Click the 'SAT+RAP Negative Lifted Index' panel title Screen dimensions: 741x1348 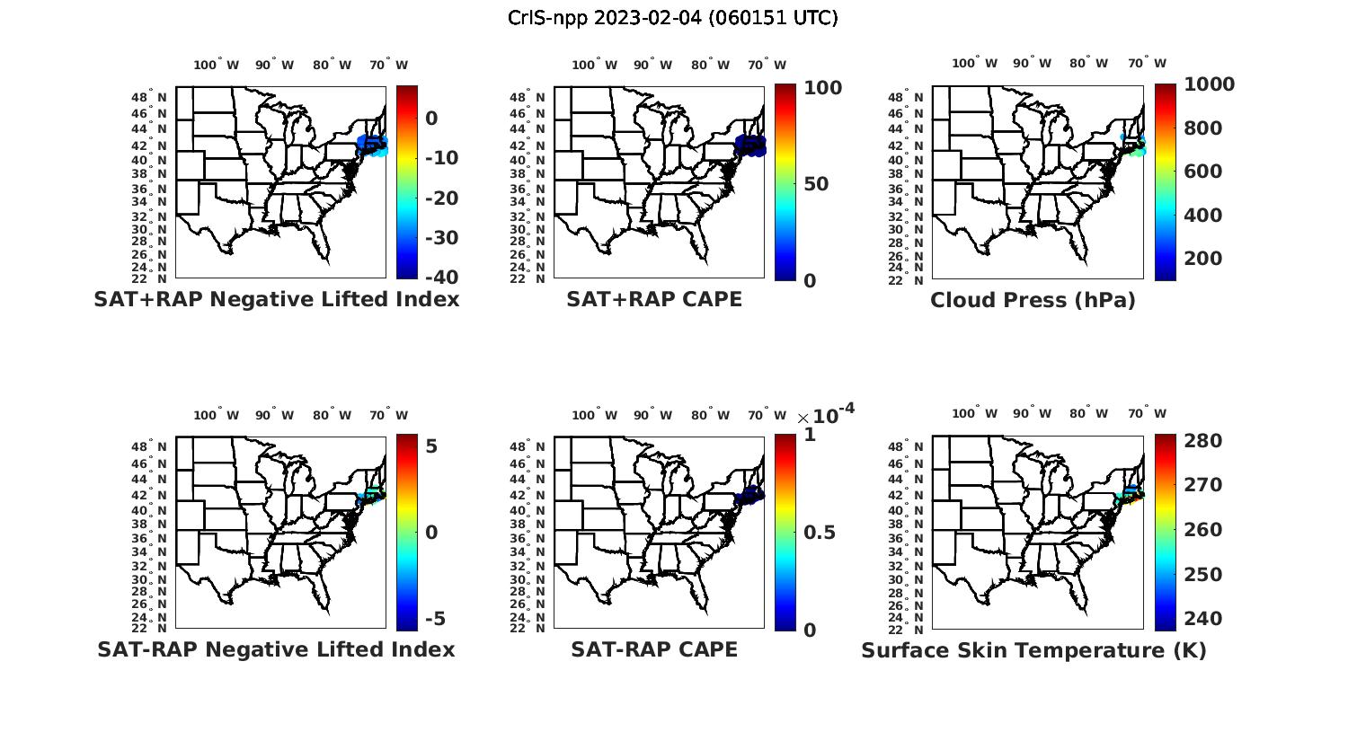(x=277, y=299)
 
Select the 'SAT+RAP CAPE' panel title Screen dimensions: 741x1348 (x=654, y=299)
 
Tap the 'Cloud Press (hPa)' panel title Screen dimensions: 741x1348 (x=1033, y=300)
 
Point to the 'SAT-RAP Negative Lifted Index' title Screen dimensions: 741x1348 (x=277, y=649)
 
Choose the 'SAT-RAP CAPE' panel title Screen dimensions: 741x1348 (x=654, y=649)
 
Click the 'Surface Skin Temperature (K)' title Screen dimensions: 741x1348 (x=1033, y=650)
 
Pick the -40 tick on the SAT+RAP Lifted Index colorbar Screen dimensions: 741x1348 (x=440, y=277)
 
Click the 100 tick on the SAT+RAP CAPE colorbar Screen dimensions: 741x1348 (x=822, y=88)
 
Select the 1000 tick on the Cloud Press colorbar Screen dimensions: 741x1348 (x=1209, y=84)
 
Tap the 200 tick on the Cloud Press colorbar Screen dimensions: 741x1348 (x=1203, y=259)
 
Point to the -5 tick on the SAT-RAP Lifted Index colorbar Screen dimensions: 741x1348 (x=435, y=619)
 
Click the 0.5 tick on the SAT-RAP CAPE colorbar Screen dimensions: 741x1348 (x=819, y=533)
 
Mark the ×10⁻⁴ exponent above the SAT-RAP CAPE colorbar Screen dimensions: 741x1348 (x=826, y=414)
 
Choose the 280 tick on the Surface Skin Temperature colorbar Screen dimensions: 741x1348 (x=1203, y=441)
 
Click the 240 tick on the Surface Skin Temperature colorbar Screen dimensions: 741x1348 (x=1203, y=619)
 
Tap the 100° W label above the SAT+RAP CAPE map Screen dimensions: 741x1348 (x=594, y=65)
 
